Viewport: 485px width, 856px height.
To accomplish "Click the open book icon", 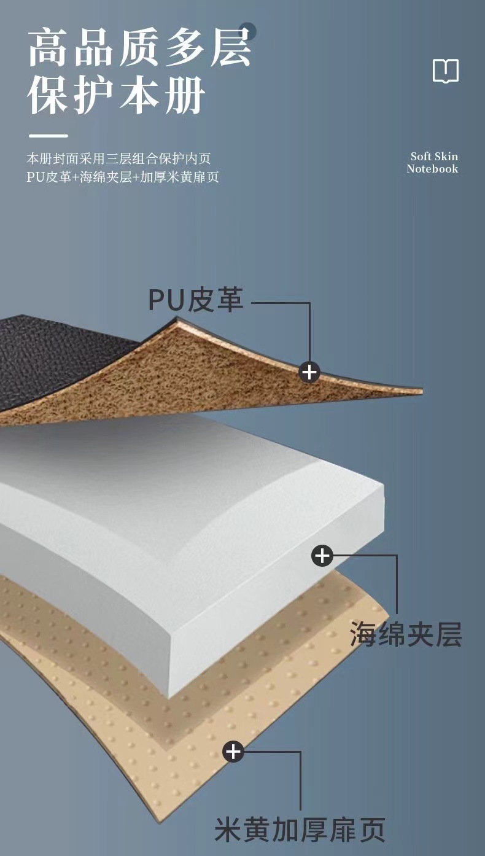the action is pyautogui.click(x=445, y=71).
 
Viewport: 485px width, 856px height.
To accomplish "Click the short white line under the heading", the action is pyautogui.click(x=47, y=136).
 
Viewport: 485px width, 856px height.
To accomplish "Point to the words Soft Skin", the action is pyautogui.click(x=434, y=157).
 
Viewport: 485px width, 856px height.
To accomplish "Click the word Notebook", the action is pyautogui.click(x=432, y=169).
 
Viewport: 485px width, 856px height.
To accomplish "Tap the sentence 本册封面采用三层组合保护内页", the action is pyautogui.click(x=118, y=158).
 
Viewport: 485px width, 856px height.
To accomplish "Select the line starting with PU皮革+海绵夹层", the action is pyautogui.click(x=123, y=177).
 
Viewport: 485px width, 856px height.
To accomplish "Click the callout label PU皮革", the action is pyautogui.click(x=195, y=300).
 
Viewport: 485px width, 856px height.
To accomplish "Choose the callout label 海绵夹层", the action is pyautogui.click(x=406, y=633).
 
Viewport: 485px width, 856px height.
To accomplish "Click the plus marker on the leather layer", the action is pyautogui.click(x=309, y=372).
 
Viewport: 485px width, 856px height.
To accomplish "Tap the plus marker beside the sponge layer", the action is pyautogui.click(x=322, y=556).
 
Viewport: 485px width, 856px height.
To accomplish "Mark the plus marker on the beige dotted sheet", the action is pyautogui.click(x=233, y=751).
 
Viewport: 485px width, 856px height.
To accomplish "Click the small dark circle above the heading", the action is pyautogui.click(x=247, y=31).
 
